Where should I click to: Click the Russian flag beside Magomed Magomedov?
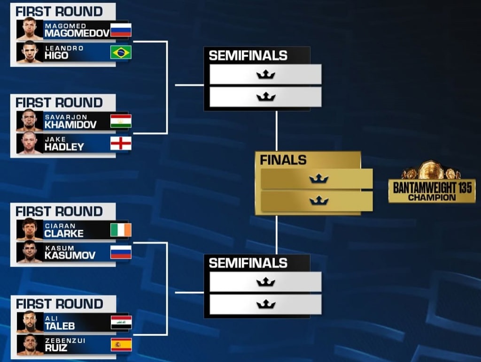pos(121,30)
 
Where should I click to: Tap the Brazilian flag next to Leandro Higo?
pos(121,52)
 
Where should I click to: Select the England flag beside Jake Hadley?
pos(121,143)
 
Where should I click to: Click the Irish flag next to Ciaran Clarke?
pos(121,230)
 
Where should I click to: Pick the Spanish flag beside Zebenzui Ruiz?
pos(121,345)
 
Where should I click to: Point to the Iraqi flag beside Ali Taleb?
pos(121,323)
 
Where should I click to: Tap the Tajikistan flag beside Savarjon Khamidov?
pos(121,121)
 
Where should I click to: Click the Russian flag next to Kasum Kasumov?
pos(121,252)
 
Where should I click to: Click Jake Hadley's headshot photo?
pos(30,143)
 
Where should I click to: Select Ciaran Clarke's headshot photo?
pos(30,229)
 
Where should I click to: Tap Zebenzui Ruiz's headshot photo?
pos(30,345)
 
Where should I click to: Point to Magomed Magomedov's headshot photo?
pos(30,29)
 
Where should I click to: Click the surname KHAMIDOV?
pos(70,125)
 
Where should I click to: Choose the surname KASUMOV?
pos(70,256)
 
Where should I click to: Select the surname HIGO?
pos(56,55)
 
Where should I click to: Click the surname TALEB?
pos(60,326)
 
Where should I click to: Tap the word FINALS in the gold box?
pos(283,160)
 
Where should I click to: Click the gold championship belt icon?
pos(431,170)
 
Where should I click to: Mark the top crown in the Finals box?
pos(319,179)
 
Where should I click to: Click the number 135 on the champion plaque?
pos(463,188)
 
